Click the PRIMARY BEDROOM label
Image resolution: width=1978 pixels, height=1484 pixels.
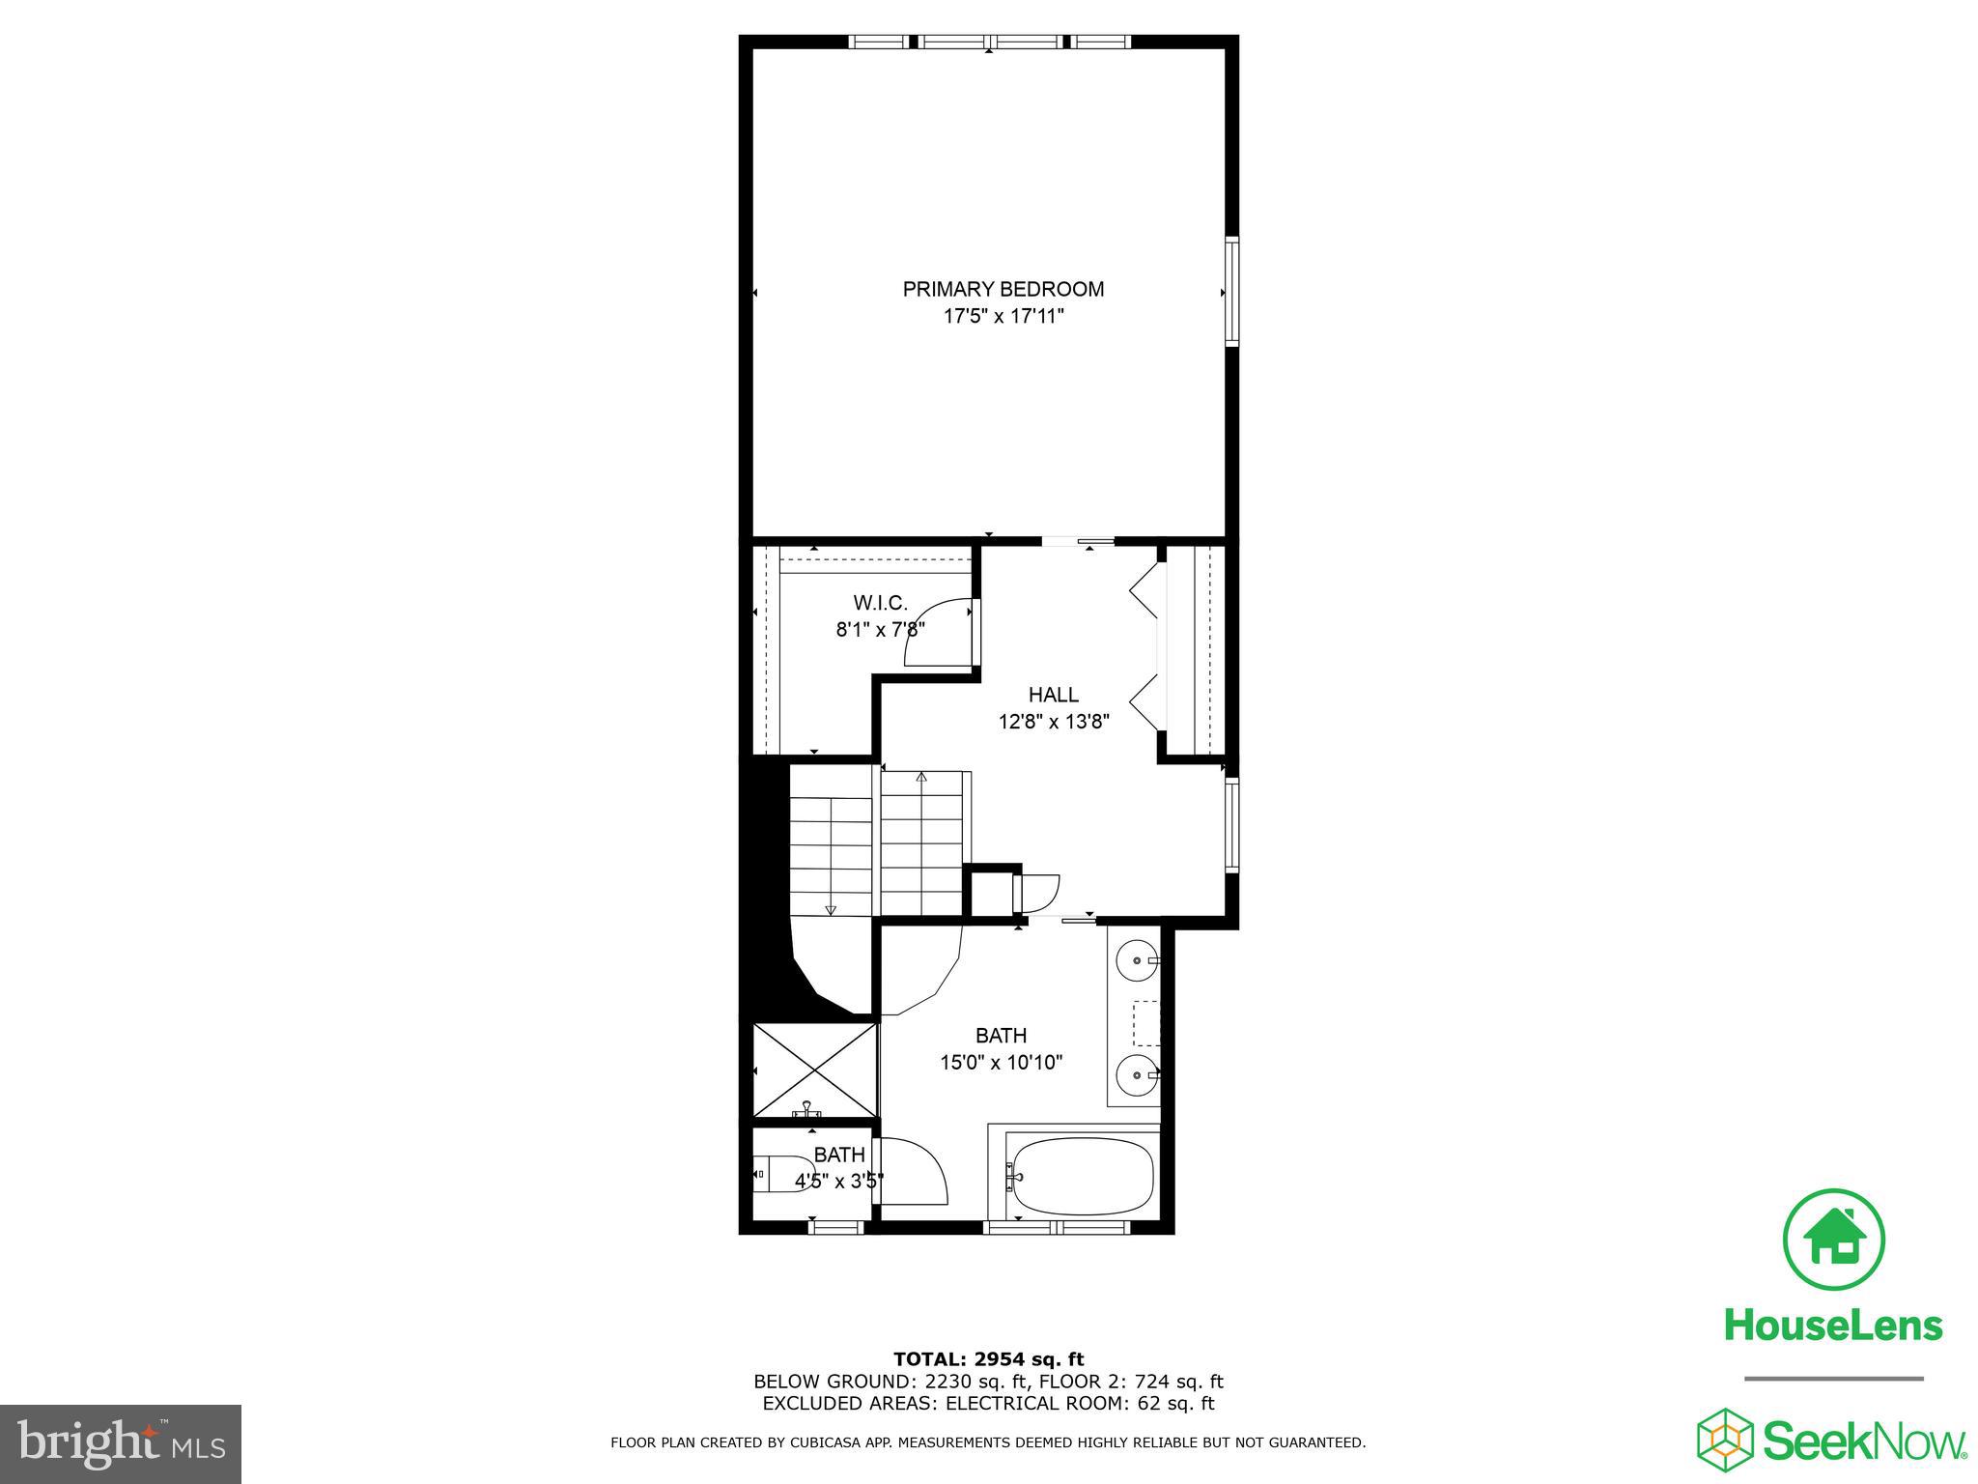coord(1003,289)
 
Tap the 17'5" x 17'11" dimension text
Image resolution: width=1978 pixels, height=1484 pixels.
coord(1003,316)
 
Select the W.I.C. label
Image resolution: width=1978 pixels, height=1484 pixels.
coord(880,604)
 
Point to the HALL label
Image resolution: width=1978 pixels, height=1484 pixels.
coord(1053,695)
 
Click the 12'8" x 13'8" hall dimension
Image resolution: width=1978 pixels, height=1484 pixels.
coord(1053,721)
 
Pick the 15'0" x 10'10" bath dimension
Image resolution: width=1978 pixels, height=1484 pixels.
coord(1001,1063)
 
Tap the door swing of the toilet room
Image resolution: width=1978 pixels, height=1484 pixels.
coord(913,1171)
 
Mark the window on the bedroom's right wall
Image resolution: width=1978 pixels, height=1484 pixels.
coord(1232,291)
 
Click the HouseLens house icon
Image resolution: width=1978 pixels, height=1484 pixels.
coord(1833,1240)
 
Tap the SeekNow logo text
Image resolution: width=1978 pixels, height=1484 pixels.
coord(1864,1441)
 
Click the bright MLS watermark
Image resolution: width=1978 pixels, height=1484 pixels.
coord(121,1443)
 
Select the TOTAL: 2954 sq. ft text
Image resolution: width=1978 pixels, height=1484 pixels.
coord(988,1360)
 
